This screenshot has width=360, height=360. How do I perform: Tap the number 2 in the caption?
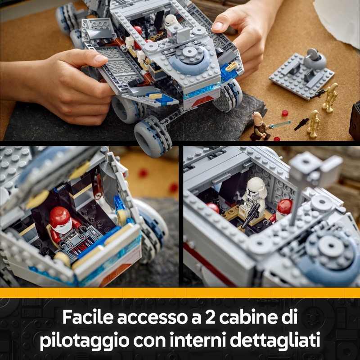point(201,317)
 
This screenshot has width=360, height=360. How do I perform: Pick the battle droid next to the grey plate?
point(331,97)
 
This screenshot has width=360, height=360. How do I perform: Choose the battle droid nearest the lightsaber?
point(313,123)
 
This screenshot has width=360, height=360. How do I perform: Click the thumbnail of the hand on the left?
point(101,58)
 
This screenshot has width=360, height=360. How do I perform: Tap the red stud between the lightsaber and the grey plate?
point(284,112)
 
